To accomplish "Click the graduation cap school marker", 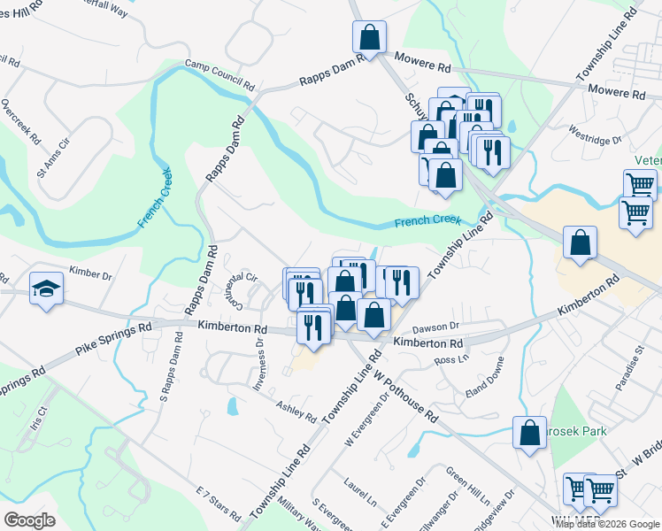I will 46,289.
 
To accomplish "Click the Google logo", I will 29,520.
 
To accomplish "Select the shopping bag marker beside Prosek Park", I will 529,433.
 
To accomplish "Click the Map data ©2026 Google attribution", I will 607,525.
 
